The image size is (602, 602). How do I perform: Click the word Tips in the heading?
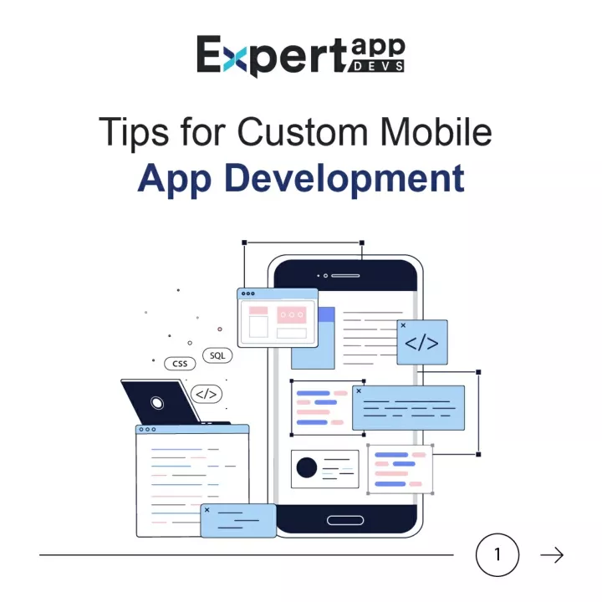[x=134, y=132]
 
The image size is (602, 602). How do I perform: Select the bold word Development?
[x=344, y=179]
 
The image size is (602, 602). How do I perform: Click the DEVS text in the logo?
[x=378, y=66]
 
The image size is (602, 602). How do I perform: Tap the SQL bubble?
[x=217, y=355]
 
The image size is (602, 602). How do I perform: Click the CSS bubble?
[x=180, y=364]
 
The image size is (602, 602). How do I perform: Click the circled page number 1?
[x=497, y=555]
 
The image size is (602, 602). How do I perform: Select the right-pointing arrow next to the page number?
[x=552, y=555]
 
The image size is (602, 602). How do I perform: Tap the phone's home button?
[x=345, y=520]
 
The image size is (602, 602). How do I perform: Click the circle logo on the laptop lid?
[x=156, y=403]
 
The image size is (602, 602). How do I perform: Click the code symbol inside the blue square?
[x=421, y=343]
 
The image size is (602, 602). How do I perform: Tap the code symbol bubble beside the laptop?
[x=207, y=394]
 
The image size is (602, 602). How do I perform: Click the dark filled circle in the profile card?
[x=307, y=467]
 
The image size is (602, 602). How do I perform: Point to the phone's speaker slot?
[x=345, y=276]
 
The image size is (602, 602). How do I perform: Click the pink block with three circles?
[x=292, y=315]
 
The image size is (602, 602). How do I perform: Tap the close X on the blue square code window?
[x=403, y=325]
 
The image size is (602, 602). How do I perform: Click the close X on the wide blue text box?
[x=359, y=390]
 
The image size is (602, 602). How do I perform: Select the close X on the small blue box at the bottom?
[x=207, y=510]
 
